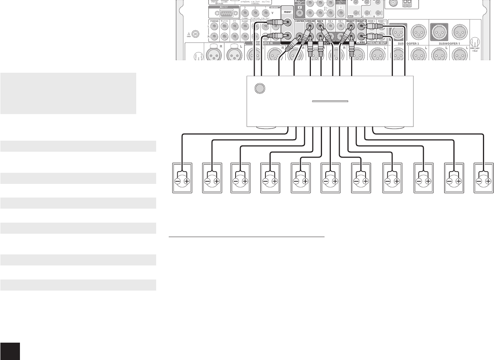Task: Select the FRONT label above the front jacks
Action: pyautogui.click(x=288, y=12)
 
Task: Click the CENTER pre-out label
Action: pyautogui.click(x=299, y=21)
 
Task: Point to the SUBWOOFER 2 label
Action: pyautogui.click(x=408, y=44)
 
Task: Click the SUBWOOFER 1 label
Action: pyautogui.click(x=449, y=44)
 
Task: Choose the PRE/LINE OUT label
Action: pyautogui.click(x=377, y=43)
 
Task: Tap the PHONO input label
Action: pyautogui.click(x=214, y=21)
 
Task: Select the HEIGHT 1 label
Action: pyautogui.click(x=351, y=21)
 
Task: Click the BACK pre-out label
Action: pyautogui.click(x=320, y=21)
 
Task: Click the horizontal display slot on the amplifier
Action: pyautogui.click(x=330, y=101)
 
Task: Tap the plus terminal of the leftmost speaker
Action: pyautogui.click(x=187, y=181)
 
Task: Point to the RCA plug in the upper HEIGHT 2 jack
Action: pyautogui.click(x=371, y=27)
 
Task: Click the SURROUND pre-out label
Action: pyautogui.click(x=310, y=21)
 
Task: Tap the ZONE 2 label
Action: pyautogui.click(x=371, y=21)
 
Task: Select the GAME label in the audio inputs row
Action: pyautogui.click(x=245, y=21)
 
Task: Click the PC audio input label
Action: pyautogui.click(x=234, y=21)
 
